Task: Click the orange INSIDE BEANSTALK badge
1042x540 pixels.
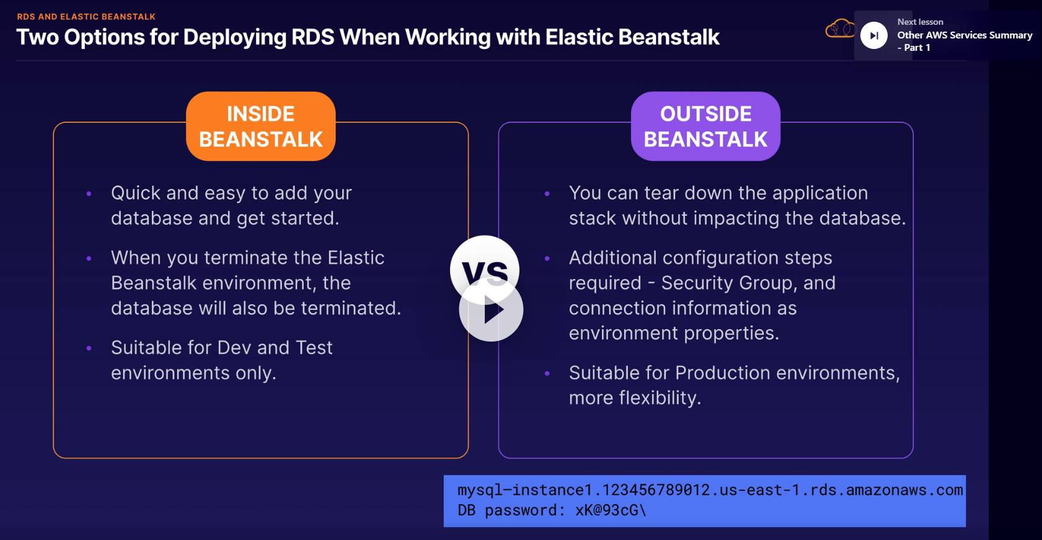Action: click(260, 126)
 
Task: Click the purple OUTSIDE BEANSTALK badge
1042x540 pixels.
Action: click(705, 126)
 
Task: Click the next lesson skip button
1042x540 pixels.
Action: click(873, 35)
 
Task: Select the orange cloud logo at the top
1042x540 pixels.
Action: click(840, 29)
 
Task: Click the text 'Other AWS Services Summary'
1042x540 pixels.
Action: click(965, 35)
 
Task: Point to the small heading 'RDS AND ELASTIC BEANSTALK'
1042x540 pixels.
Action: click(86, 17)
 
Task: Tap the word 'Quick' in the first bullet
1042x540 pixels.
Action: click(135, 193)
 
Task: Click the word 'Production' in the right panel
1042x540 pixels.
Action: click(722, 373)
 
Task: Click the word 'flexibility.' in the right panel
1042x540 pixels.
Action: click(660, 398)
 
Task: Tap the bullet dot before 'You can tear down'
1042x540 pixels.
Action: click(547, 193)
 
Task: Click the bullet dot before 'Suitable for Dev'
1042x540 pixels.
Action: click(89, 348)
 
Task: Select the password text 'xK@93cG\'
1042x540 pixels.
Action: click(611, 510)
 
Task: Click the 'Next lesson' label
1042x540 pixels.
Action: click(920, 22)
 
